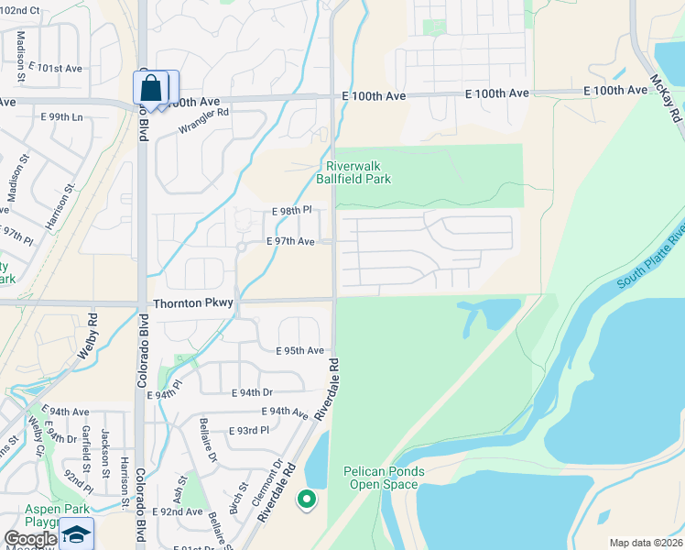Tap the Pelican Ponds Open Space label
click(x=384, y=478)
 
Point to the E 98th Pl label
click(x=293, y=211)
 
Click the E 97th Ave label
click(x=290, y=241)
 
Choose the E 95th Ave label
click(x=300, y=350)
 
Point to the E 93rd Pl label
click(x=248, y=429)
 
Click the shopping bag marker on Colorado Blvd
click(x=151, y=89)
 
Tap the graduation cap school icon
click(x=77, y=534)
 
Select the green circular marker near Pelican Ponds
click(x=307, y=500)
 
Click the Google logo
click(x=30, y=540)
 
